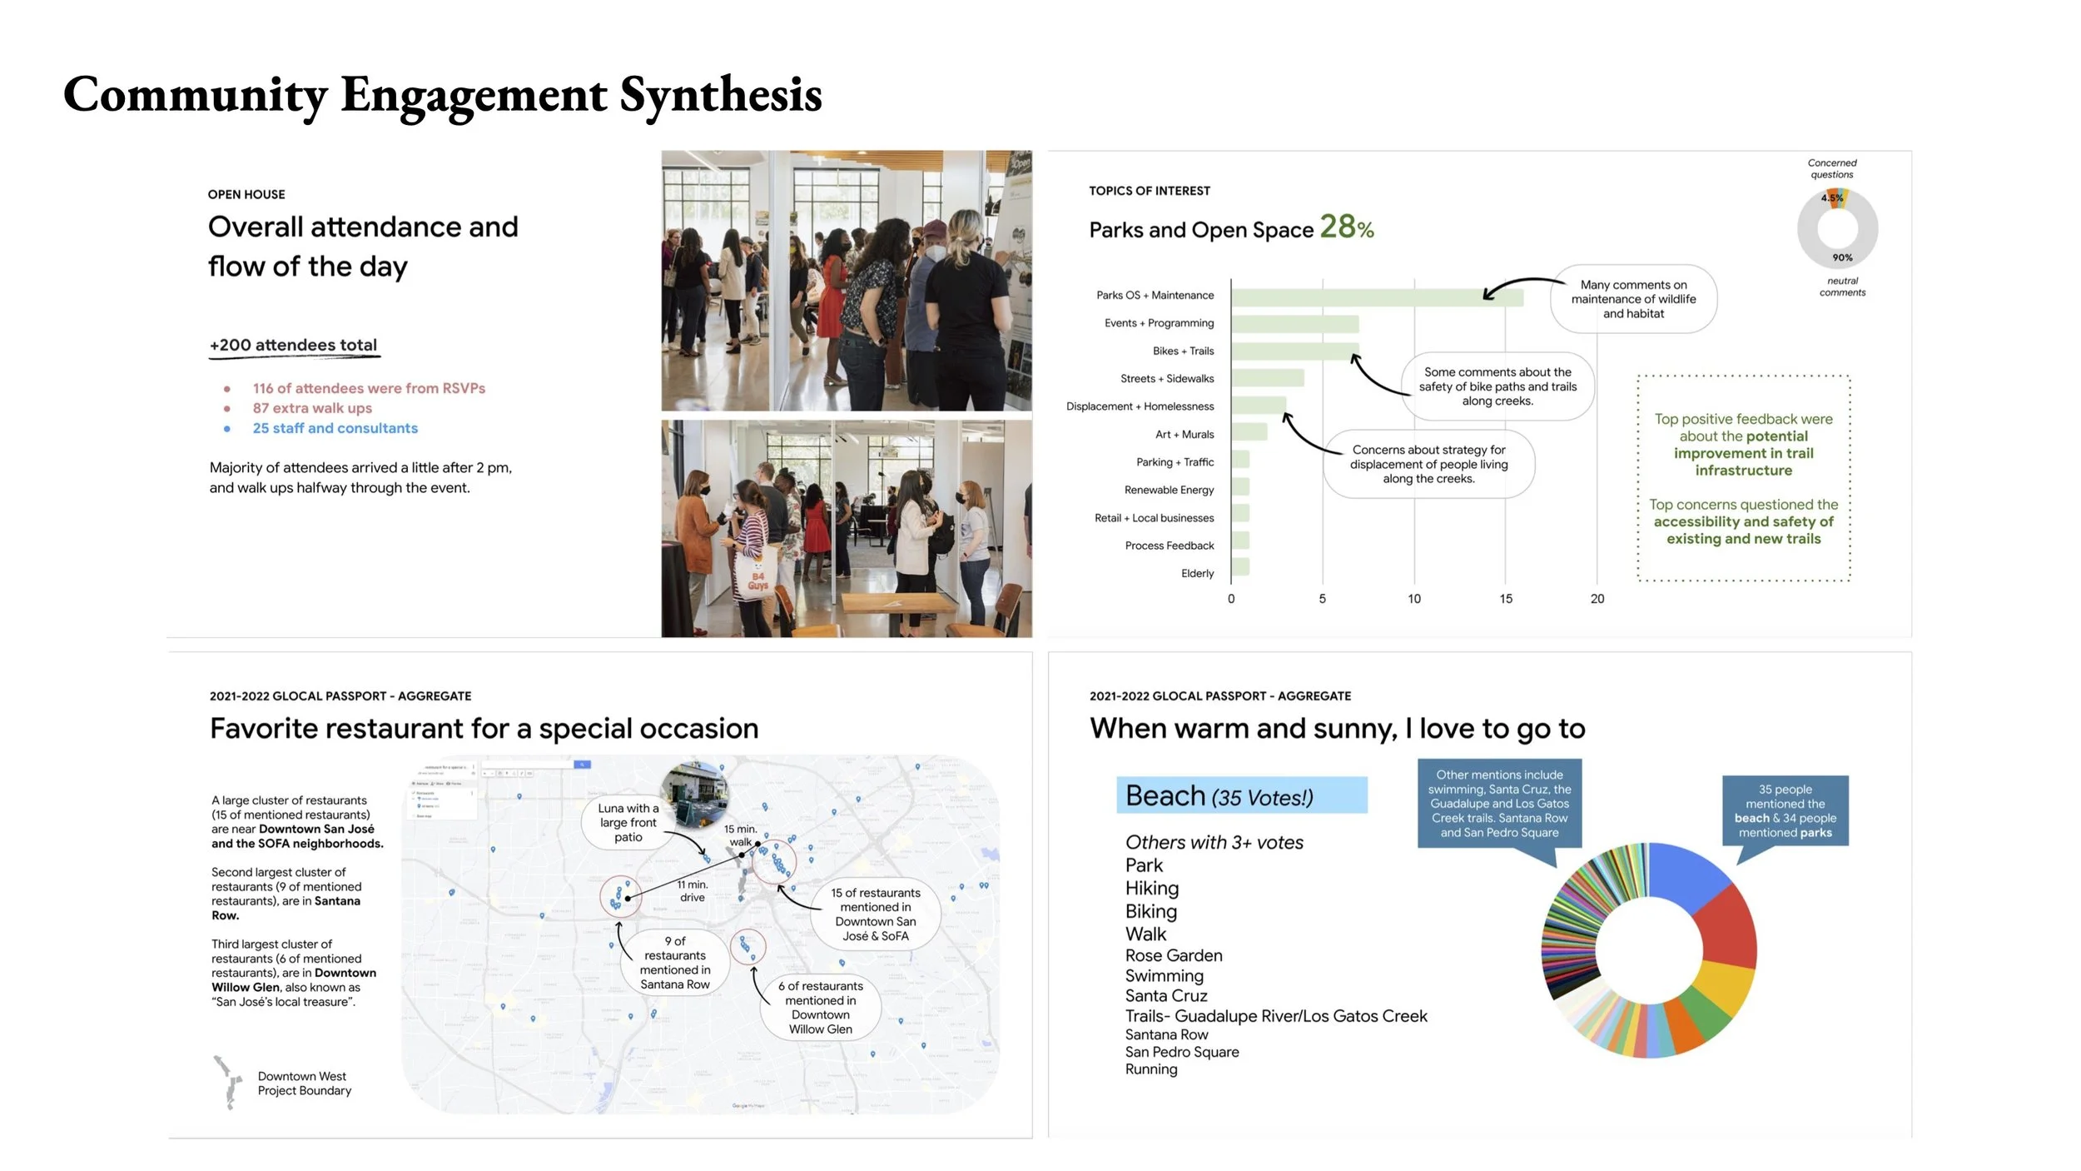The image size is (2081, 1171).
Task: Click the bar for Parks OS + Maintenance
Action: click(1377, 297)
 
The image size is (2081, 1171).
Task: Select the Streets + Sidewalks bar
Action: click(1268, 379)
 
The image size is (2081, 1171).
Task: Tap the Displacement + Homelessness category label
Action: click(1140, 406)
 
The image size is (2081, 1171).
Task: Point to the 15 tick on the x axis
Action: click(1506, 599)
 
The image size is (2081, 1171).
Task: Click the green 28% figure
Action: click(1346, 227)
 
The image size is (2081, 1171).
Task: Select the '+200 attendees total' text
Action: click(293, 345)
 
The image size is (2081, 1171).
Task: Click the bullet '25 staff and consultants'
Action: click(335, 428)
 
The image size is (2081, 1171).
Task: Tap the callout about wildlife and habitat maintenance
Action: click(1633, 299)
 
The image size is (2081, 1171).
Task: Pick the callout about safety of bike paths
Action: click(1497, 386)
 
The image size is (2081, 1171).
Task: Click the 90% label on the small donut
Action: click(1842, 258)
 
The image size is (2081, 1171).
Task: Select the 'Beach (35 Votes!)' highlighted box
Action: click(1241, 796)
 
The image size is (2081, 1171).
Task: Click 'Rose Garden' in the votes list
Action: click(1174, 955)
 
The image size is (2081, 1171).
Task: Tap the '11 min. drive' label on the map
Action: click(692, 891)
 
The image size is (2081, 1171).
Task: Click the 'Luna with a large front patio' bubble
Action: click(628, 823)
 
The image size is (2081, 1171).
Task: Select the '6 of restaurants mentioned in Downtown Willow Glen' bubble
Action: click(820, 1008)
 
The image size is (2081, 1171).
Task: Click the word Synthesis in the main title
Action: click(721, 95)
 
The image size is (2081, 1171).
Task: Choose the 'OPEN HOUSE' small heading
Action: click(246, 195)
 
